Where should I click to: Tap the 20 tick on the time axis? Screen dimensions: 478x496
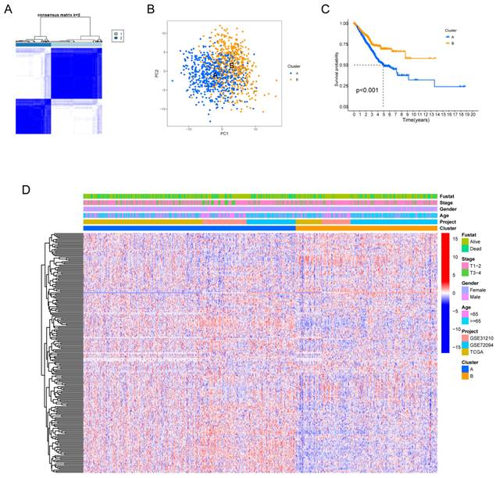[x=477, y=114]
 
